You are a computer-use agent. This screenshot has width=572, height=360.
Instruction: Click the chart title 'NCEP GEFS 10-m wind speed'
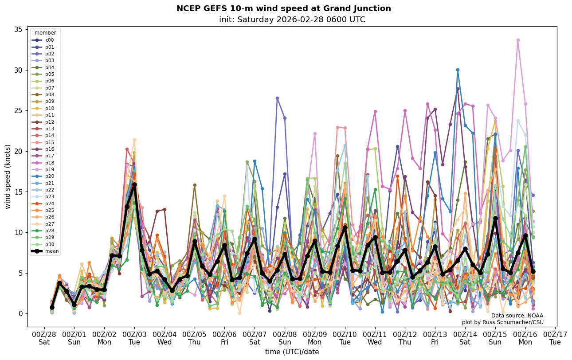284,8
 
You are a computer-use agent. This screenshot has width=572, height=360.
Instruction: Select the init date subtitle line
292,20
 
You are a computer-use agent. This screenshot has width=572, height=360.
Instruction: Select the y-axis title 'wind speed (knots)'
8,176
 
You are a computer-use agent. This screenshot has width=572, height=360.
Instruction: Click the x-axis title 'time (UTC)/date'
292,352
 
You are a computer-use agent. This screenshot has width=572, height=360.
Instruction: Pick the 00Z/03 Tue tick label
134,338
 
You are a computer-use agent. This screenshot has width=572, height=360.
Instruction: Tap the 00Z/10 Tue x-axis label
345,338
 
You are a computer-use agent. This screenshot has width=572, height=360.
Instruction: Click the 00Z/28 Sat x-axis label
44,338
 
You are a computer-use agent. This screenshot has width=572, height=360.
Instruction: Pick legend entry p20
45,176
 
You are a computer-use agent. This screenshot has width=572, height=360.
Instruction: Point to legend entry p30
45,244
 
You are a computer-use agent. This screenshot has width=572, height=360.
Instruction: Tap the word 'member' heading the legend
45,33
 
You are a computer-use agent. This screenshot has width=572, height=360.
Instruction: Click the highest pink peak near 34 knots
517,40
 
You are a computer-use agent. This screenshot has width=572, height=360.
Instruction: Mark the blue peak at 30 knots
458,70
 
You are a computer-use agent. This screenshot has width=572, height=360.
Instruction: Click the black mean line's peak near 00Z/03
134,184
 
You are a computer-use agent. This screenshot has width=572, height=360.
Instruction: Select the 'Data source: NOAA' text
517,316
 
